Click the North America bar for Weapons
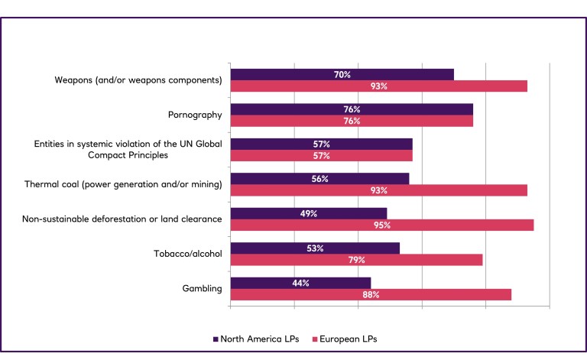click(342, 75)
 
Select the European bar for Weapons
click(378, 86)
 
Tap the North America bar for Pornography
click(352, 109)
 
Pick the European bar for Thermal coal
click(378, 190)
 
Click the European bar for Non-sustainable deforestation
click(381, 225)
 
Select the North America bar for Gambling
click(300, 283)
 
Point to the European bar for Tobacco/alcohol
click(356, 260)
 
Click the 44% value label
click(300, 283)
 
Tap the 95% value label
click(382, 225)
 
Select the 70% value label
click(342, 75)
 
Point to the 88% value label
click(371, 294)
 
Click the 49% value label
click(309, 213)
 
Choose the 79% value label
click(356, 260)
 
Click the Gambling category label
click(203, 289)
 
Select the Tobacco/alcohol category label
click(188, 254)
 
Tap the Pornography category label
click(195, 115)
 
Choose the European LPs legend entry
click(345, 338)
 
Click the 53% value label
click(315, 248)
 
